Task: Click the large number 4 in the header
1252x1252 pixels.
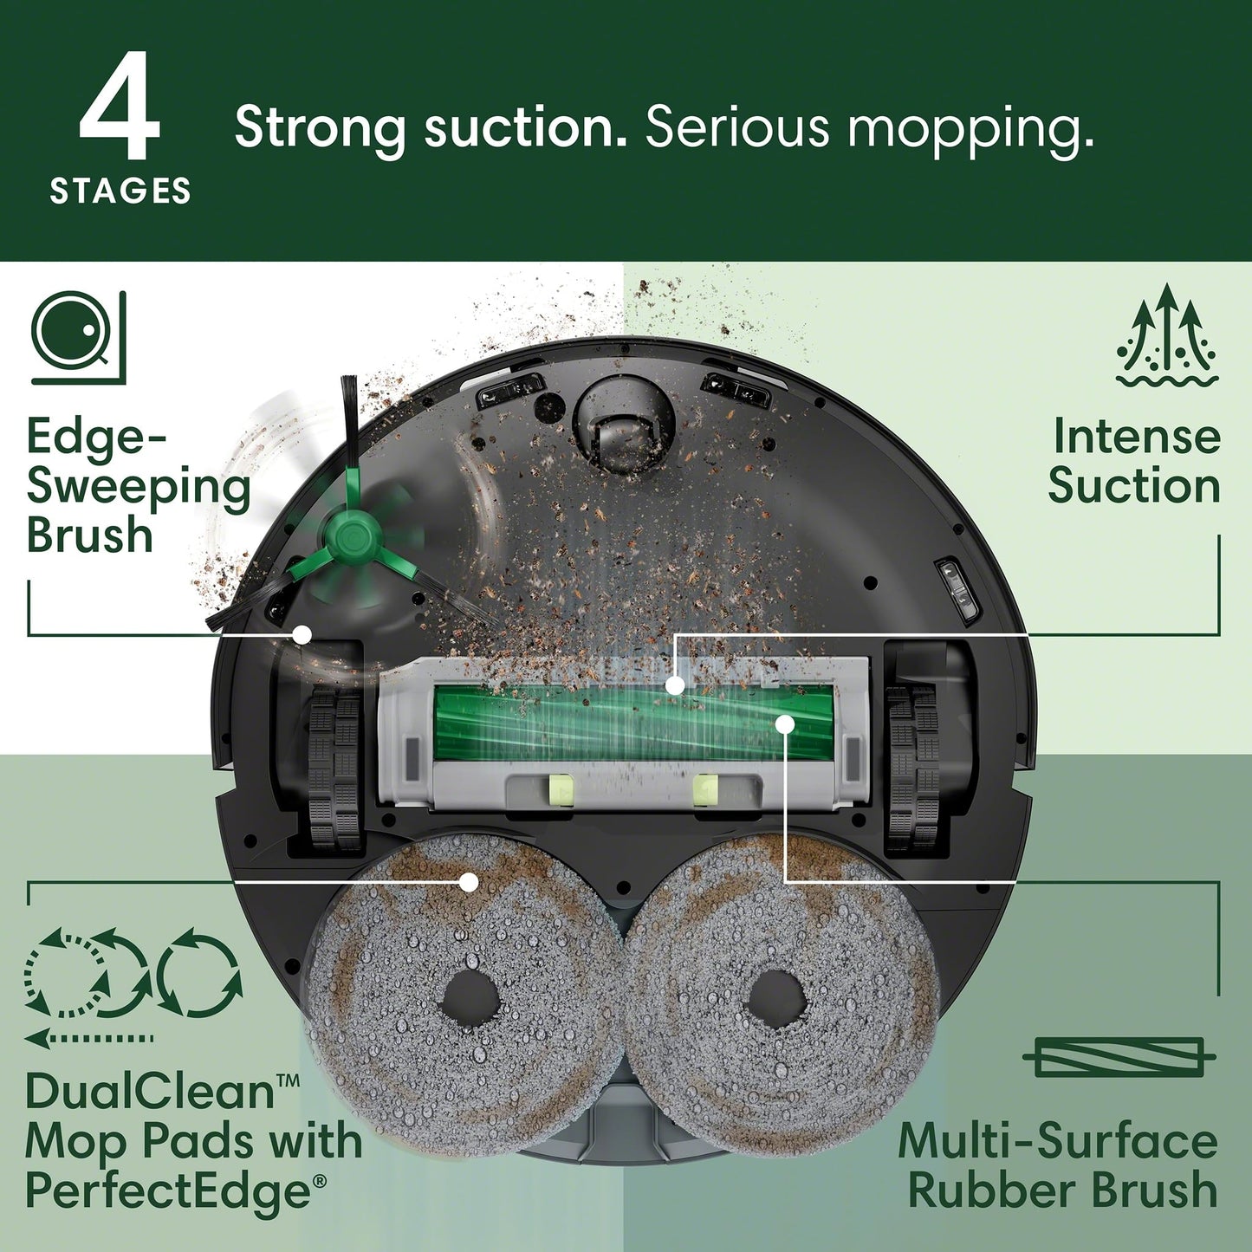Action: click(120, 108)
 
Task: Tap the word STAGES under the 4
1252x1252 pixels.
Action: click(120, 191)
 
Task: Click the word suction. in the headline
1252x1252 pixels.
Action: click(525, 128)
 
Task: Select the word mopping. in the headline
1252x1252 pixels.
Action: click(970, 128)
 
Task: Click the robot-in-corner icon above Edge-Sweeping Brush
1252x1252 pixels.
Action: click(79, 337)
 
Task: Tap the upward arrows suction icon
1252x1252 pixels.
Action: click(1167, 334)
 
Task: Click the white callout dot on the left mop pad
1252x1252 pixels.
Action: click(469, 882)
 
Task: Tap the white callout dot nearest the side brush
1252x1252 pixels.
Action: click(302, 634)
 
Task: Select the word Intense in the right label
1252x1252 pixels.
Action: click(1136, 436)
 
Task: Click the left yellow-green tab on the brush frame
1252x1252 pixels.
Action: click(561, 790)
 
